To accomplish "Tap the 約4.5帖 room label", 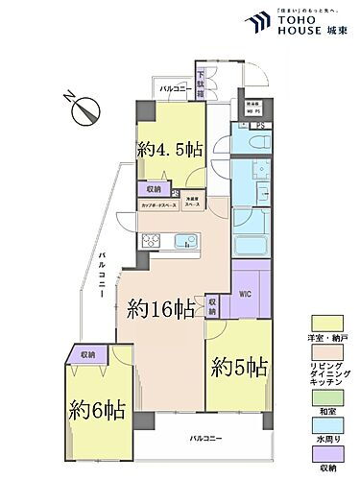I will (169, 150).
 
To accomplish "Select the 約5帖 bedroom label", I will (239, 366).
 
